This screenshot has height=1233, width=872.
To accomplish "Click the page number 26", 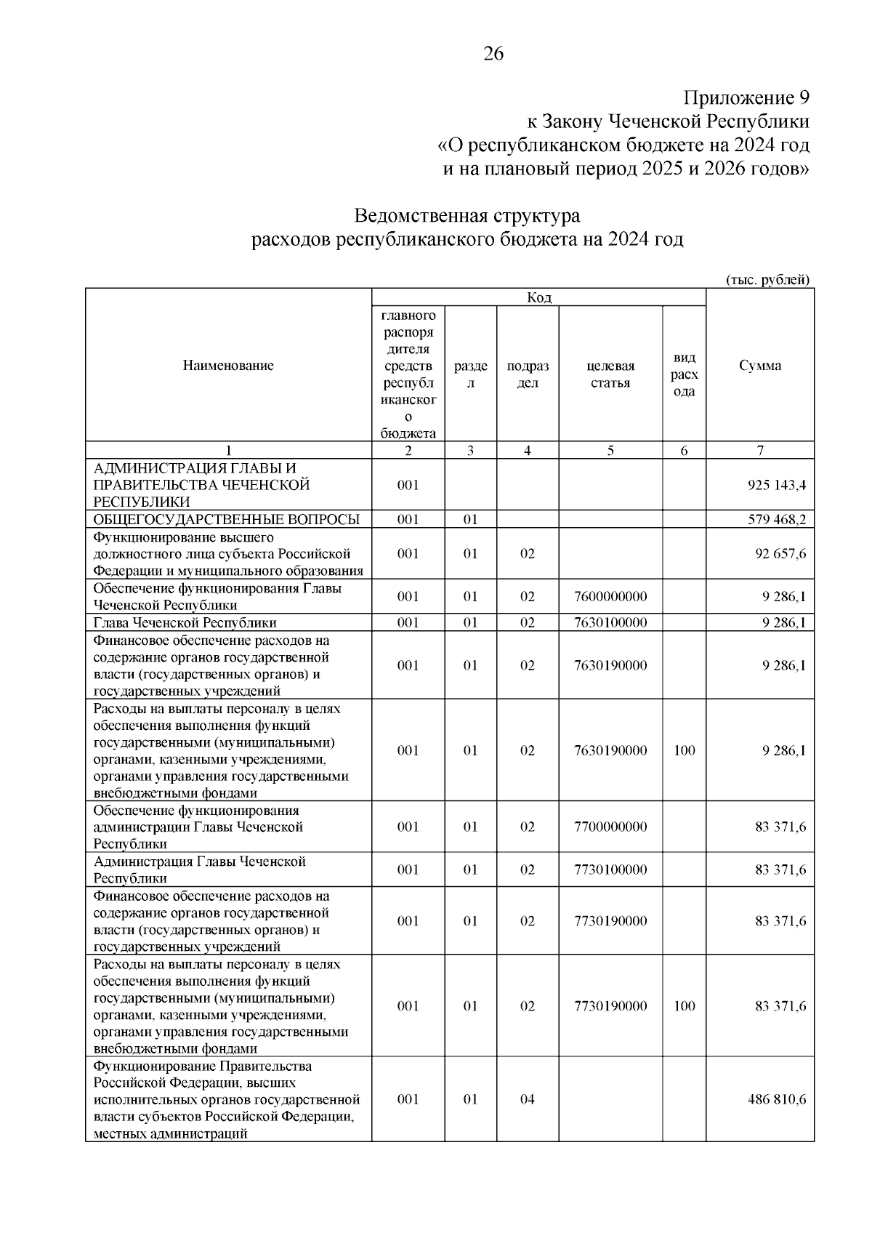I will point(493,54).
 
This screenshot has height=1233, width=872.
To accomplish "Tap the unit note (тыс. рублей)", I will point(767,280).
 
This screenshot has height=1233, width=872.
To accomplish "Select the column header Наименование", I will point(228,366).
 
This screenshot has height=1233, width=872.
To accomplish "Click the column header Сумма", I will point(760,366).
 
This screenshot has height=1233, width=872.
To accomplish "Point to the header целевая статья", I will point(610,374).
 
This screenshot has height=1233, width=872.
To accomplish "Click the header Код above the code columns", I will point(538,297).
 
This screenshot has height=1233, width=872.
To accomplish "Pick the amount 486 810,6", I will point(776,1099).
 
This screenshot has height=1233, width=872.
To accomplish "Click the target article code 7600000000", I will point(610,597).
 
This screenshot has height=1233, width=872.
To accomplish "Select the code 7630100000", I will point(610,622).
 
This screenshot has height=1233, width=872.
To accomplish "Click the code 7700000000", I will point(610,827).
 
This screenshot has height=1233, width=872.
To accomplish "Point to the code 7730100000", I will point(610,869).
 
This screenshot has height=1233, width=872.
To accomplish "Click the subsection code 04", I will point(527,1099).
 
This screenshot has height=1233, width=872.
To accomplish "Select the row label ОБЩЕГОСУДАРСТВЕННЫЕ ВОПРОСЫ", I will point(226,519).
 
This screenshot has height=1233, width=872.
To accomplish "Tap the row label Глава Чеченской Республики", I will point(185,622).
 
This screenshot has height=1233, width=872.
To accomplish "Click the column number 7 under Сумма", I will point(759,451).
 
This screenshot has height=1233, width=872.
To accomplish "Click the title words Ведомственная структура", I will point(467,216).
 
